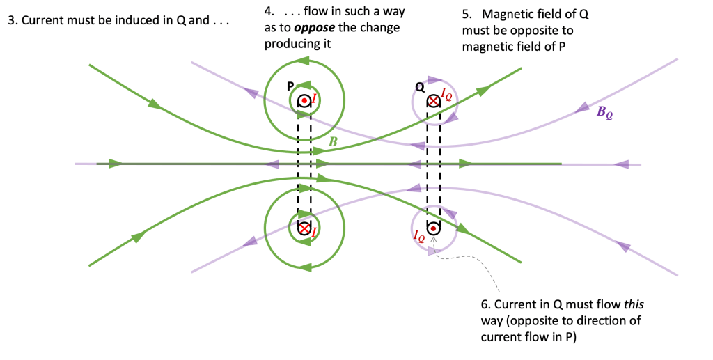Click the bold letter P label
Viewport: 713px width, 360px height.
291,86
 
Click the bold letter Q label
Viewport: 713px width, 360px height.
419,87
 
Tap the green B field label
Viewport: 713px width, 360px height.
334,142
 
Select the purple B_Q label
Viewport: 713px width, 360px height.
605,112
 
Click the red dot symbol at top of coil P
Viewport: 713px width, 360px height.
304,101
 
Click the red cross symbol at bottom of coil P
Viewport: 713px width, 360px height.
304,228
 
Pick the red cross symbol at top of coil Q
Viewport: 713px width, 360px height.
433,101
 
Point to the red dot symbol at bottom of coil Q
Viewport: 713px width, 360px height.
433,228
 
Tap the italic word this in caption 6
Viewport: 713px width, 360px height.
635,306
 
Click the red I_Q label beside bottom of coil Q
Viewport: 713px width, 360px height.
418,235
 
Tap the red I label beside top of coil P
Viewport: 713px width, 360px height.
315,101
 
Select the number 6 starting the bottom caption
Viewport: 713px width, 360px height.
485,306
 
